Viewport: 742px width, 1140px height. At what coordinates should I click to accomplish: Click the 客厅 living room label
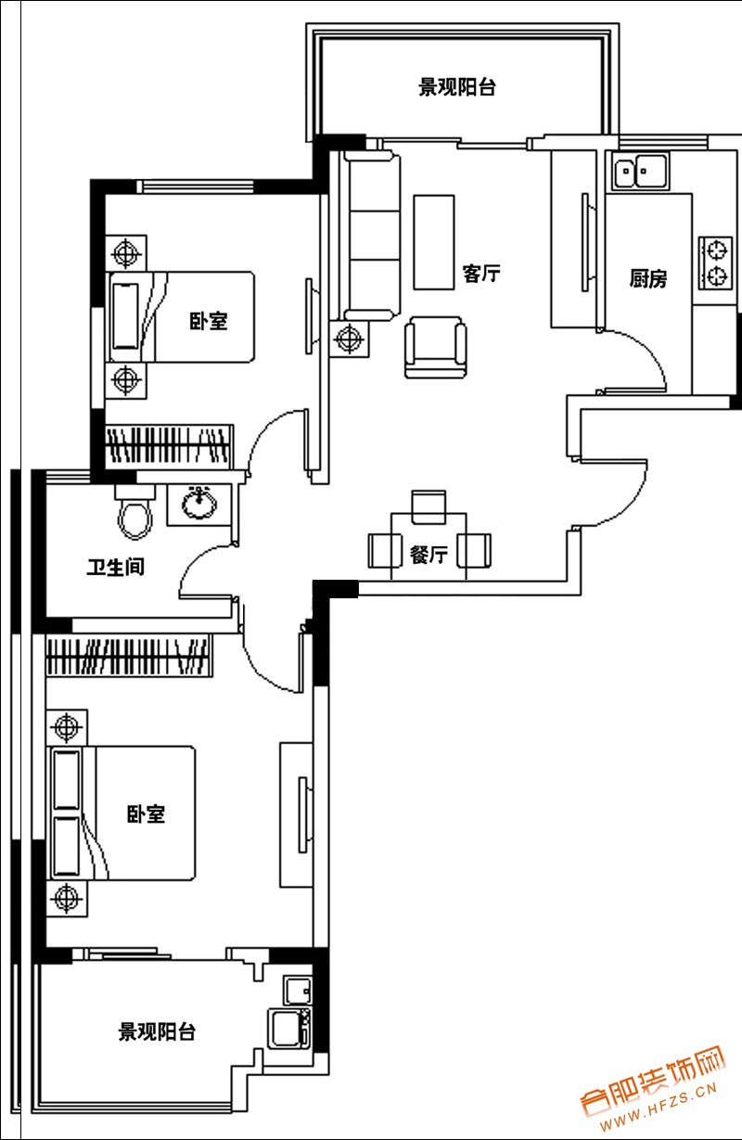pyautogui.click(x=481, y=274)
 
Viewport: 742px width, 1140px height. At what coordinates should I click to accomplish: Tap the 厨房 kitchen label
pyautogui.click(x=647, y=278)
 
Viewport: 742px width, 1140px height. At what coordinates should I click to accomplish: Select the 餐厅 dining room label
pyautogui.click(x=429, y=554)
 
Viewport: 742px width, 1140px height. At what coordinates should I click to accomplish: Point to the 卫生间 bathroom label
pyautogui.click(x=116, y=567)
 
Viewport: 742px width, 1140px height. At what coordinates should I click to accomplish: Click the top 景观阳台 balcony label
pyautogui.click(x=457, y=87)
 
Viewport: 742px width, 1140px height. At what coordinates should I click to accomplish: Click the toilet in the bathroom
pyautogui.click(x=134, y=512)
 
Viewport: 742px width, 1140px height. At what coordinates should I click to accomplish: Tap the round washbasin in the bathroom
pyautogui.click(x=199, y=503)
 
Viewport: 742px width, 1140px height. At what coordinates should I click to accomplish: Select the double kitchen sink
pyautogui.click(x=640, y=171)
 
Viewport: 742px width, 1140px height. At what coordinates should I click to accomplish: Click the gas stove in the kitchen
pyautogui.click(x=715, y=263)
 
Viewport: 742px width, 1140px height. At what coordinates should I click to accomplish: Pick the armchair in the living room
pyautogui.click(x=436, y=348)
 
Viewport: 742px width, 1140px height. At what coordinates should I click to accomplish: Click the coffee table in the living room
pyautogui.click(x=433, y=242)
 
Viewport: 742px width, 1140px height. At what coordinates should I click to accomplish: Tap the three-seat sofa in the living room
pyautogui.click(x=372, y=237)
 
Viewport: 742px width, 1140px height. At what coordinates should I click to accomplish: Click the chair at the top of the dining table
pyautogui.click(x=429, y=506)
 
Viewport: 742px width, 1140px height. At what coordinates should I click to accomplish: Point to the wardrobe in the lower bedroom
pyautogui.click(x=129, y=655)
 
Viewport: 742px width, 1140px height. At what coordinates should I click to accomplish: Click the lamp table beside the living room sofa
pyautogui.click(x=350, y=339)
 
